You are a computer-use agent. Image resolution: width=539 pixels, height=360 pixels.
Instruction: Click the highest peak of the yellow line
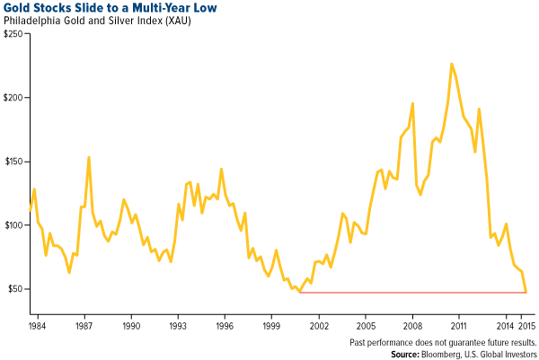pyautogui.click(x=451, y=64)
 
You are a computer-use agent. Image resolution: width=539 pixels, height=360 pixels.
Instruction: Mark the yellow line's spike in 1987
pyautogui.click(x=88, y=157)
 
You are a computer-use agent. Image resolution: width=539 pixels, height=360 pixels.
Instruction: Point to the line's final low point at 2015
pyautogui.click(x=526, y=291)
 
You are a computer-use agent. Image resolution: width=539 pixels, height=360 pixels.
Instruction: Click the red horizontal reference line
pyautogui.click(x=413, y=292)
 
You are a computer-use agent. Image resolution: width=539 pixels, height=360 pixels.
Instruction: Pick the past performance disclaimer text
pyautogui.click(x=442, y=341)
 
